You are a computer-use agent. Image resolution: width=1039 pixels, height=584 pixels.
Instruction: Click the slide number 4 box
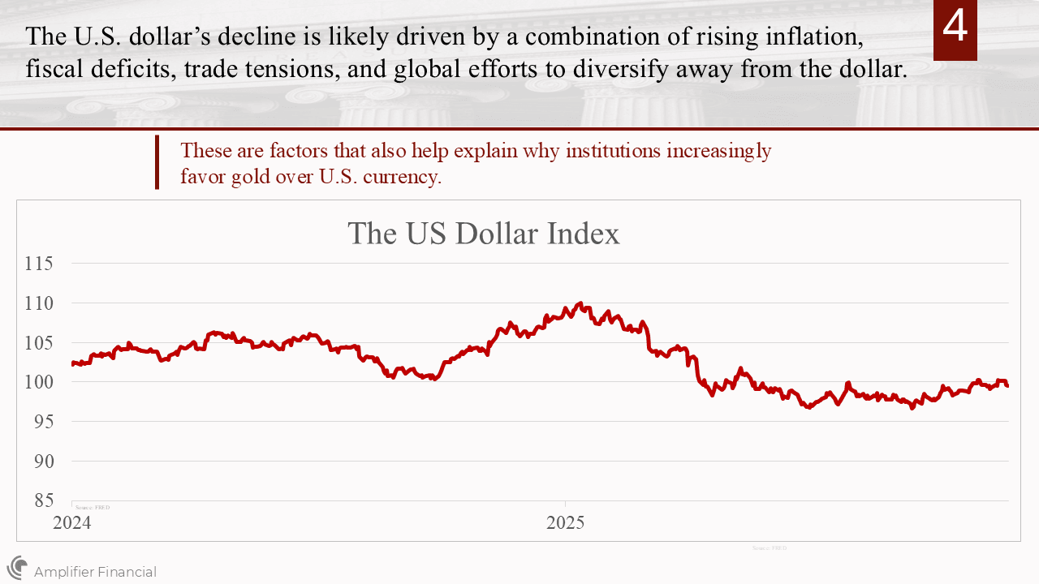955,30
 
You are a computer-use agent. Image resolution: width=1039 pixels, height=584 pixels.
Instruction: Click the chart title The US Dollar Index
483,234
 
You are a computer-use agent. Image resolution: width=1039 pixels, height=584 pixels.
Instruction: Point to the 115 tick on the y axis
39,264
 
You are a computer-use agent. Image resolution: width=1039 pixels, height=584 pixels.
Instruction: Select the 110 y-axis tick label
39,303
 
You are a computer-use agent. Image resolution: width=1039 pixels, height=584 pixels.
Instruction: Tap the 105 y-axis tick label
39,342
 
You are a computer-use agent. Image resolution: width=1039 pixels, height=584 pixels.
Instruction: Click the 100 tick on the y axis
39,382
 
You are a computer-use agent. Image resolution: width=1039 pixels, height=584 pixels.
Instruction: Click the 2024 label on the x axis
72,523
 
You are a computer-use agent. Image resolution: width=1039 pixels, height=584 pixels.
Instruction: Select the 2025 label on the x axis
566,523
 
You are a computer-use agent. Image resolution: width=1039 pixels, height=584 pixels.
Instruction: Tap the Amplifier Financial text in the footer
95,572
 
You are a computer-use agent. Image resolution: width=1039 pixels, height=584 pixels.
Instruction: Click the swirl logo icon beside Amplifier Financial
17,567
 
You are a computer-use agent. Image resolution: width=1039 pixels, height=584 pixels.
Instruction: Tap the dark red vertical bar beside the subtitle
157,162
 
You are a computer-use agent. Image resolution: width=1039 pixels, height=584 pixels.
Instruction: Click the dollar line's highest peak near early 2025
580,303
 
